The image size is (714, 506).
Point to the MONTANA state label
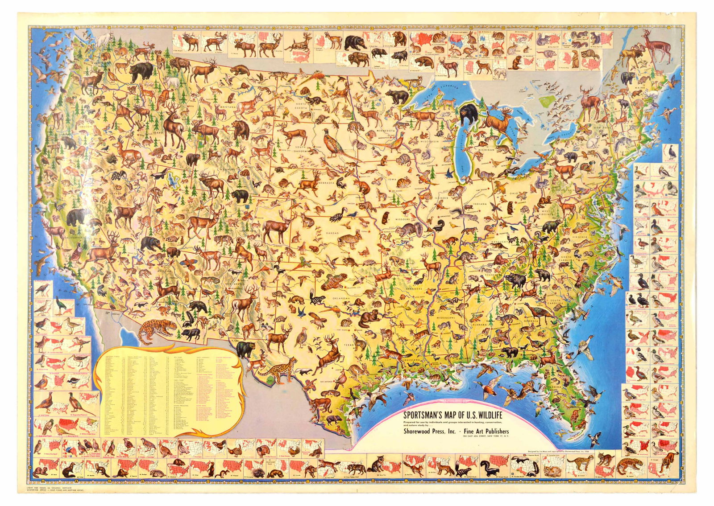coord(227,107)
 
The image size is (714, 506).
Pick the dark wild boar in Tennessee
coord(515,280)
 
